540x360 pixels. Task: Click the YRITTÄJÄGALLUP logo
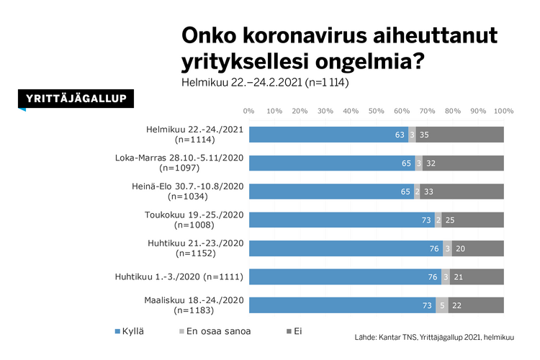[76, 99]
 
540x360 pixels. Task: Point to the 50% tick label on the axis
[376, 112]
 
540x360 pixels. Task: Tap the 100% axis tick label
[503, 112]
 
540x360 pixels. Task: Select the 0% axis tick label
[249, 112]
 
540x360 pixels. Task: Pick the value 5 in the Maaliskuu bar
[441, 305]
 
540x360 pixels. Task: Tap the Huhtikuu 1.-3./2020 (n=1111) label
[179, 276]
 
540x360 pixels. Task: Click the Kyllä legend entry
[130, 332]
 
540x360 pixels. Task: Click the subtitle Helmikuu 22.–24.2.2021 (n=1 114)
[265, 83]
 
